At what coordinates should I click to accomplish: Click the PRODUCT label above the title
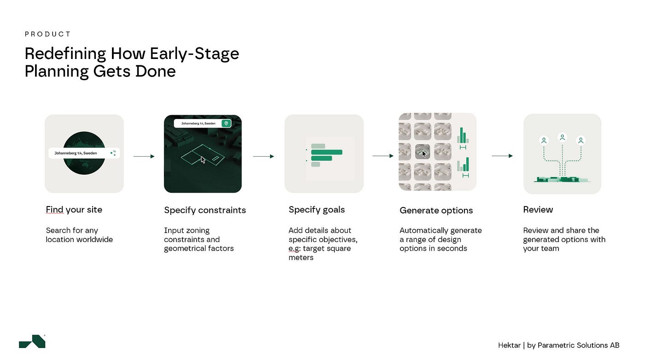coord(47,34)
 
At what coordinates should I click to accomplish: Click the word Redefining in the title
coord(65,54)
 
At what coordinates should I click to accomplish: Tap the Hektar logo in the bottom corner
coord(32,341)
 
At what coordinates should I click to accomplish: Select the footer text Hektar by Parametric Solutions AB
coord(558,345)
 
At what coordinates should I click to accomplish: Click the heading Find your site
coord(74,209)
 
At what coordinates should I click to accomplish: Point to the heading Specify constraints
coord(205,210)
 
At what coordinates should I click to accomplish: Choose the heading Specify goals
coord(317,210)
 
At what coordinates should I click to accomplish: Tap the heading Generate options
coord(436,211)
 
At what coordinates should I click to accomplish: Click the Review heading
coord(538,209)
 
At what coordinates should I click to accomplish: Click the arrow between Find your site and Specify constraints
coord(144,156)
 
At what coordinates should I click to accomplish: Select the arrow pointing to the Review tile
coord(502,156)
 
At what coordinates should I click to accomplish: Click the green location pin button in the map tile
coord(226,123)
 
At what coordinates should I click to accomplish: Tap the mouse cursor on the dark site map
coord(203,160)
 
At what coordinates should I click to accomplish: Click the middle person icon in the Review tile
coord(563,138)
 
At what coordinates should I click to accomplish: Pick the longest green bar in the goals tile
coord(327,152)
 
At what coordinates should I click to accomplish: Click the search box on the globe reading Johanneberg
coord(84,153)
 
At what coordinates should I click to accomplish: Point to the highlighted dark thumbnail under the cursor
coord(422,152)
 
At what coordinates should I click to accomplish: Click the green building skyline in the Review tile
coord(563,179)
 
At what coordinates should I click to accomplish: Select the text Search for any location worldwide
coord(79,235)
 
